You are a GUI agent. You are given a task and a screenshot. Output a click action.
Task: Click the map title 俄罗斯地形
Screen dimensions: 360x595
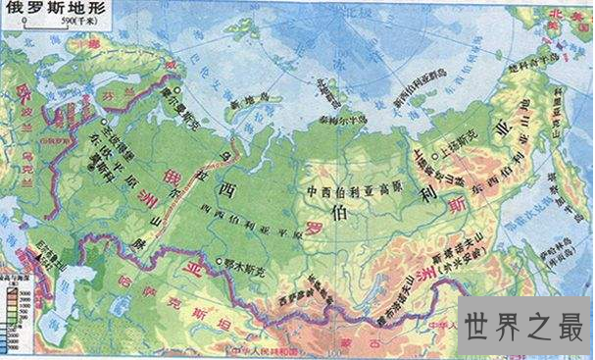pos(45,10)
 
